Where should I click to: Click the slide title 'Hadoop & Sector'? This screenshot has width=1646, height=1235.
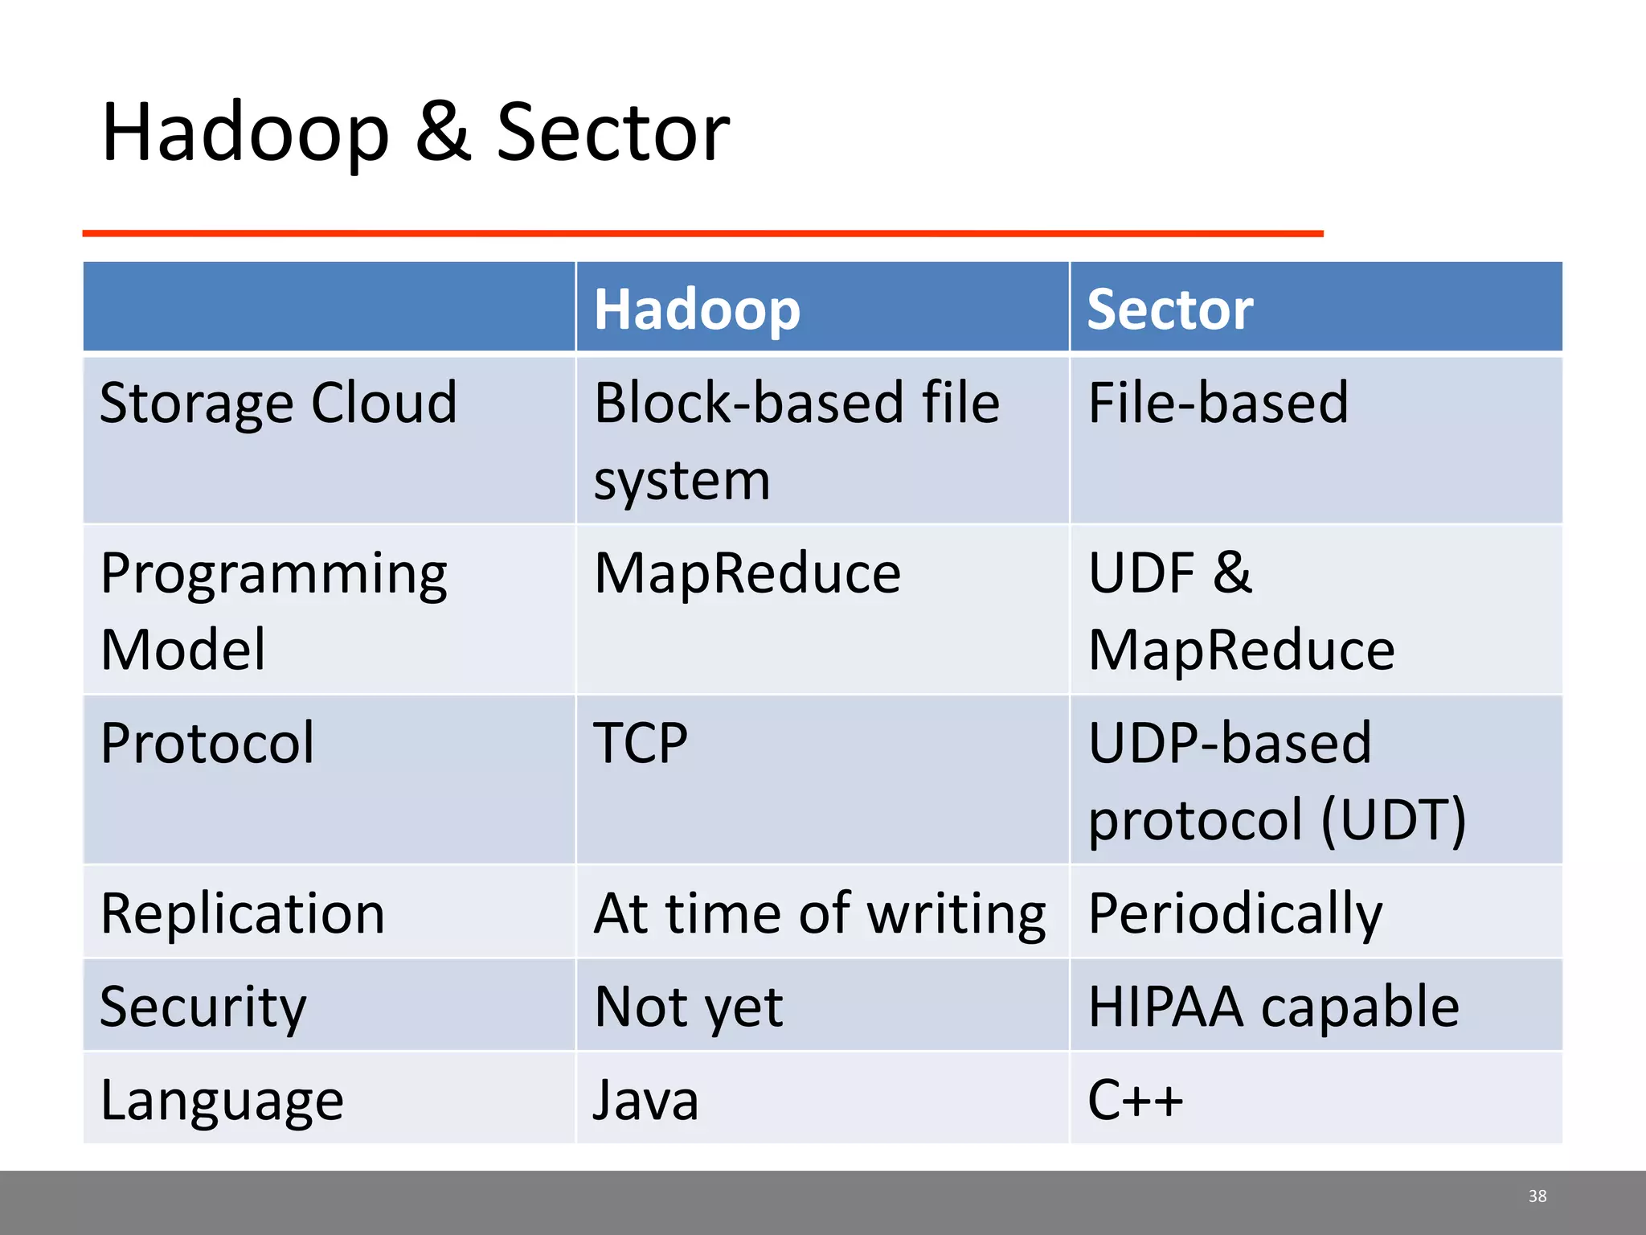(x=416, y=133)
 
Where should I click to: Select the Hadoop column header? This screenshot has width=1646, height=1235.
(x=697, y=310)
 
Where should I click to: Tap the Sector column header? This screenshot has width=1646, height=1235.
(x=1169, y=310)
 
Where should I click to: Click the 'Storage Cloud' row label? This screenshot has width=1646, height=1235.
(x=278, y=402)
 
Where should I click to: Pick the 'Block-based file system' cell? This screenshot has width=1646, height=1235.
(x=796, y=440)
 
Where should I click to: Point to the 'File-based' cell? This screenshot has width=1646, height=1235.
(x=1218, y=402)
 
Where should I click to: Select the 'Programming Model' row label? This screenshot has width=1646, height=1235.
(x=273, y=610)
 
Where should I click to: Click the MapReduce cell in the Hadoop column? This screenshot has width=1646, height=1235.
(x=747, y=573)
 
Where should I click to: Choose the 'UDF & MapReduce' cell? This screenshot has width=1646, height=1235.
(x=1241, y=610)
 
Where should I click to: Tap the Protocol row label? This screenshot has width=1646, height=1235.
(x=207, y=743)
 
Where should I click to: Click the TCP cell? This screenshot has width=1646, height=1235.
(x=641, y=743)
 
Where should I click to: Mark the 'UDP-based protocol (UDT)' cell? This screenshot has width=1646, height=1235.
(x=1276, y=780)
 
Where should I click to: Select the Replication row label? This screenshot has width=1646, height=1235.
(x=243, y=913)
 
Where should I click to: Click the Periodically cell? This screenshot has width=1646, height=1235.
(x=1234, y=913)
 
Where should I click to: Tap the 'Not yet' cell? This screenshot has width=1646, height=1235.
(x=688, y=1007)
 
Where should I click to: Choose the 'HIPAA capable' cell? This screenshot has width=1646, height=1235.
(x=1273, y=1007)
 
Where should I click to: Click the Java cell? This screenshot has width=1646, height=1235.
(x=646, y=1100)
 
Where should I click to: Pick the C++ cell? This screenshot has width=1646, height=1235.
(x=1135, y=1100)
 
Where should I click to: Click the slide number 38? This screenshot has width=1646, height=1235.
(x=1537, y=1196)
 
